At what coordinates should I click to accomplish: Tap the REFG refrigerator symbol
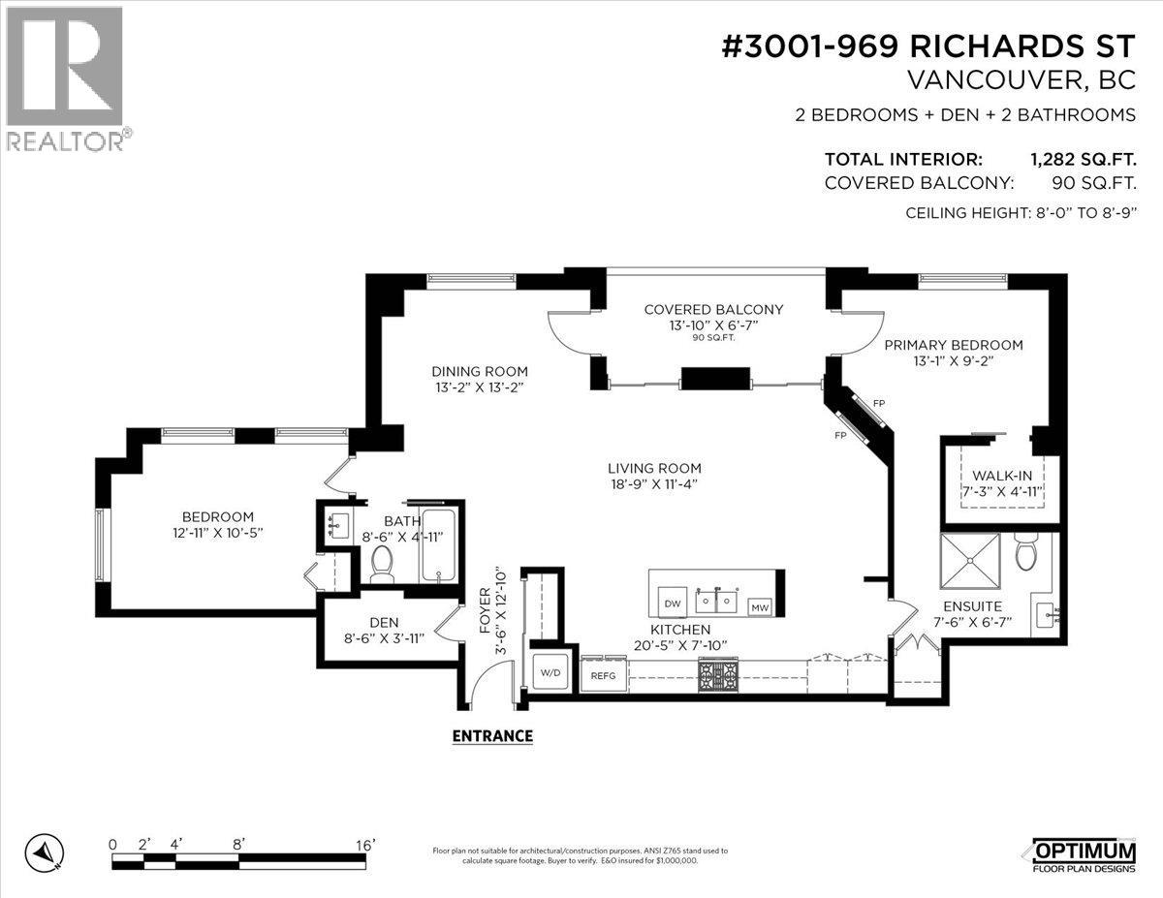(602, 675)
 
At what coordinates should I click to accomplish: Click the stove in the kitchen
(718, 674)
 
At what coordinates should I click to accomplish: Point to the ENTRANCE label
(492, 735)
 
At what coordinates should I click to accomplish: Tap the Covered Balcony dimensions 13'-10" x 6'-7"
(713, 325)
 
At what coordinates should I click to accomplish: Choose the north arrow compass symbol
(46, 852)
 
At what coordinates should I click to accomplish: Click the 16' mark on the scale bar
(364, 845)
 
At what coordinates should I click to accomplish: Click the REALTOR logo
(66, 77)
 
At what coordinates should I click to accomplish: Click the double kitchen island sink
(718, 602)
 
